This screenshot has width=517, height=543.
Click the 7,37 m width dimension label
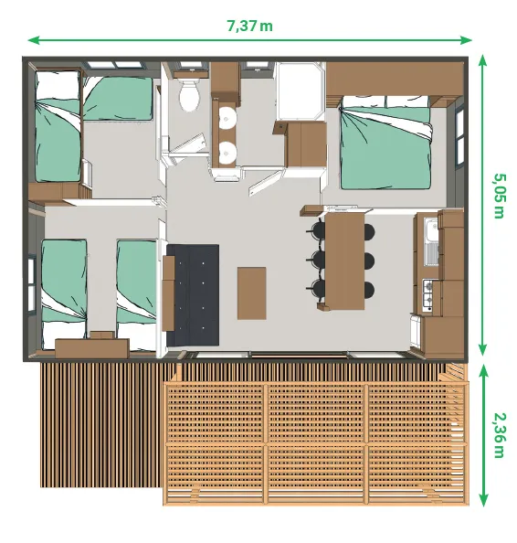[x=249, y=26]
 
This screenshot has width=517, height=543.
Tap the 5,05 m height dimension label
[x=499, y=196]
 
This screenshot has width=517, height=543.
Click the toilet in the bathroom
[x=190, y=95]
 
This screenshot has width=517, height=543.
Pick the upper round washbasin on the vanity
[x=225, y=118]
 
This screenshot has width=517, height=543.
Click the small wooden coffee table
[x=251, y=293]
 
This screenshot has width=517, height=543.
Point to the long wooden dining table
[x=343, y=260]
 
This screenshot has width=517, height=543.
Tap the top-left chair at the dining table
[x=318, y=229]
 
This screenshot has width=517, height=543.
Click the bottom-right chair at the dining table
[x=368, y=290]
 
